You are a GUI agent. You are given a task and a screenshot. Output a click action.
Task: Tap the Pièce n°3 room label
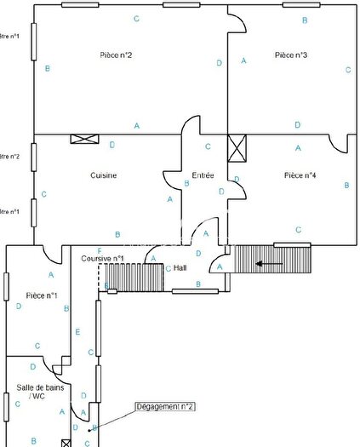click(x=291, y=54)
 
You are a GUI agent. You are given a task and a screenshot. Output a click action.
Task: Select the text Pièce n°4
click(x=300, y=175)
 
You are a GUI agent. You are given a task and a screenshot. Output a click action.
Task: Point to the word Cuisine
click(x=103, y=175)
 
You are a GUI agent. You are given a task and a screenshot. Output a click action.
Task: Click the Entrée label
click(x=203, y=175)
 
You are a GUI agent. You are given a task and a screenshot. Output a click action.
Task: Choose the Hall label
click(x=180, y=267)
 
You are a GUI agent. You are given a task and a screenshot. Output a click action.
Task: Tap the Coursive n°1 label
click(x=103, y=258)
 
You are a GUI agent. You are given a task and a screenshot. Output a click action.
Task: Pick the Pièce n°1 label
click(x=42, y=295)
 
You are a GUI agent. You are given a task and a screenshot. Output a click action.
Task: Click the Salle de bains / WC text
click(x=35, y=392)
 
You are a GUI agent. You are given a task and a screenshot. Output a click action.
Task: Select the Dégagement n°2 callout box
click(x=166, y=407)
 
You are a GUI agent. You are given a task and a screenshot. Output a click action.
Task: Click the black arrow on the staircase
click(x=270, y=265)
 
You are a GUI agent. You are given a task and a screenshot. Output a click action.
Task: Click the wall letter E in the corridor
click(x=77, y=331)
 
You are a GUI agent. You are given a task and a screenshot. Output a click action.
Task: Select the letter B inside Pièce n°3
click(x=306, y=20)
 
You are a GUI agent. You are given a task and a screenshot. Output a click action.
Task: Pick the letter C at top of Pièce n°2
click(x=136, y=18)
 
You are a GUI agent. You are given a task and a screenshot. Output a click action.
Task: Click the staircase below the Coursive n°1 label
click(x=133, y=278)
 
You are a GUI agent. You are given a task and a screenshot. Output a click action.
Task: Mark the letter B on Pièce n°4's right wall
click(x=346, y=185)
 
